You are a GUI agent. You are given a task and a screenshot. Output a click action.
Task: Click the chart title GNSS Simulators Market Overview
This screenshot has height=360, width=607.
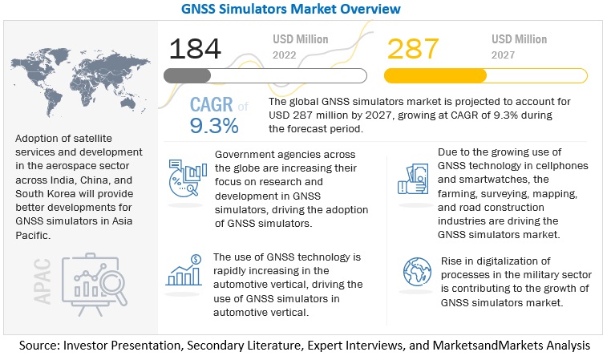(x=303, y=9)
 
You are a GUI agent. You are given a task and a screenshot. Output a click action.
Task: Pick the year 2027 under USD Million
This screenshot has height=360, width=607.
(x=508, y=55)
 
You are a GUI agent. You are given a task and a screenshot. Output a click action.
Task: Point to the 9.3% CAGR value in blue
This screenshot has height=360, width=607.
(x=214, y=126)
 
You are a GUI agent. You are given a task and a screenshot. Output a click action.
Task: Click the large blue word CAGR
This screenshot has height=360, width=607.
(x=212, y=106)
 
